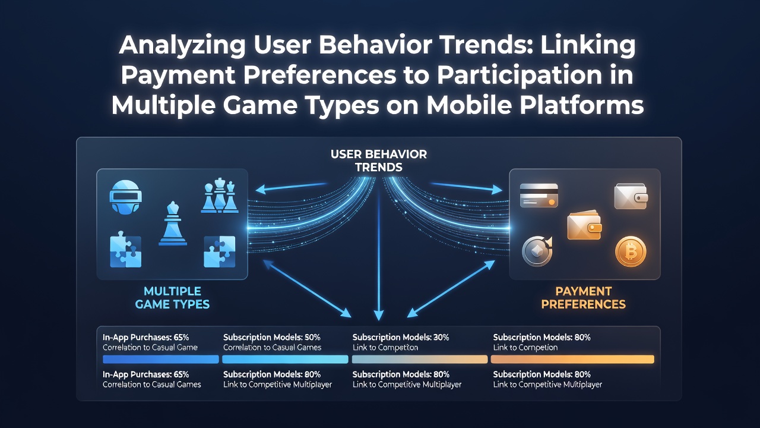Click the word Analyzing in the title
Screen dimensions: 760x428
coord(182,46)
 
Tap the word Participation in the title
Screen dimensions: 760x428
coord(520,76)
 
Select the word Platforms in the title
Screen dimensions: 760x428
coord(581,105)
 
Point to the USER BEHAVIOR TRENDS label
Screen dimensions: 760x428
coord(379,160)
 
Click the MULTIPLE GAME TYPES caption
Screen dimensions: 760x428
coord(172,298)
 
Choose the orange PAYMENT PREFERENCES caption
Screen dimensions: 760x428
coord(583,298)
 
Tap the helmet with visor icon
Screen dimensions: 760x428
coord(125,197)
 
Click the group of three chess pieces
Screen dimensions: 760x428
coord(220,196)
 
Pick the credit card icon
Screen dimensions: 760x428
coord(539,196)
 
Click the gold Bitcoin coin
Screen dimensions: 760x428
coord(631,251)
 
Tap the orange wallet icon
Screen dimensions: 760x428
coord(584,225)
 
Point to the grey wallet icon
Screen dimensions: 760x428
coord(631,196)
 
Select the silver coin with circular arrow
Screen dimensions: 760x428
coord(537,251)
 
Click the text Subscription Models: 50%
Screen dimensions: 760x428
coord(272,337)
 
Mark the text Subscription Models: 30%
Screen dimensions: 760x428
coord(401,337)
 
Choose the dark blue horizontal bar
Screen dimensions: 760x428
coord(160,360)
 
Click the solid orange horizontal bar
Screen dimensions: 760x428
coord(572,360)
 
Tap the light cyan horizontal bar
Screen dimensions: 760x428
coord(285,360)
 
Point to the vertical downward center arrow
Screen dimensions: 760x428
coord(379,255)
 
